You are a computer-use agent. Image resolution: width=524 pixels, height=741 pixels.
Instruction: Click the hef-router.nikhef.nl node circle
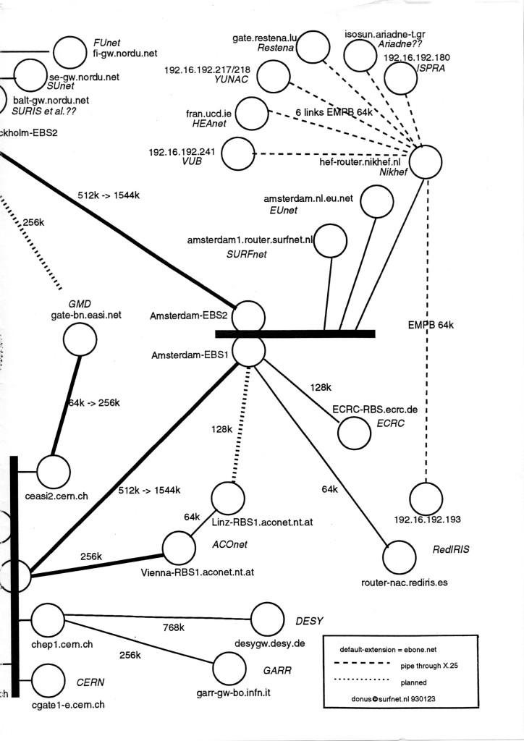pyautogui.click(x=426, y=161)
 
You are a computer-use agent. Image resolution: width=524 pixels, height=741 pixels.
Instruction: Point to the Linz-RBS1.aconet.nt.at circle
pyautogui.click(x=228, y=498)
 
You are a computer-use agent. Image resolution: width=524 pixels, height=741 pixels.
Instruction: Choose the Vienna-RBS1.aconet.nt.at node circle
pyautogui.click(x=179, y=547)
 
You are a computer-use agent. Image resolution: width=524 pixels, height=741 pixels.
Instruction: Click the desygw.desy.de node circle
pyautogui.click(x=267, y=619)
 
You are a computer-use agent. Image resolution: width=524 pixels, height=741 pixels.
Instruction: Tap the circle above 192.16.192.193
pyautogui.click(x=426, y=499)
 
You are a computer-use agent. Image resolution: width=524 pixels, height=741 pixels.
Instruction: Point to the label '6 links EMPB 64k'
pyautogui.click(x=334, y=113)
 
